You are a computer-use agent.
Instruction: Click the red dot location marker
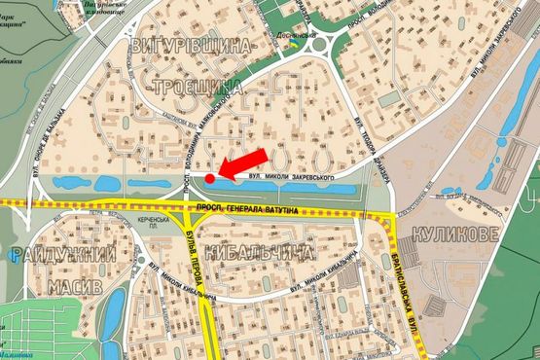coord(209,178)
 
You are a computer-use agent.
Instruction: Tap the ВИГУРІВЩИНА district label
coord(190,46)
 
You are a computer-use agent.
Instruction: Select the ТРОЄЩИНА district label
coord(198,88)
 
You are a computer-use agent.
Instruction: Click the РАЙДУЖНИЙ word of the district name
coord(63,256)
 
